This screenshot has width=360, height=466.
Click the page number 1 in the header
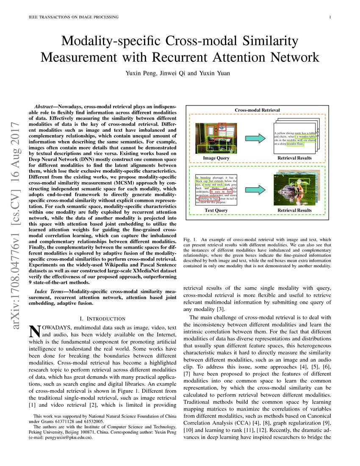(x=329, y=17)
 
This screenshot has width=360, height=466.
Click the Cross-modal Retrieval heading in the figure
(x=257, y=110)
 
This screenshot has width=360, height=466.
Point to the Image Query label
(x=216, y=158)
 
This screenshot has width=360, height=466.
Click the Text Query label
(x=216, y=210)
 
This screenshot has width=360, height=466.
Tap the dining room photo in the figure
(x=216, y=137)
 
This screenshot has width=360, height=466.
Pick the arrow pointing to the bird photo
(x=255, y=189)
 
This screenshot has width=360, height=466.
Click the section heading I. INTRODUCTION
(x=102, y=319)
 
